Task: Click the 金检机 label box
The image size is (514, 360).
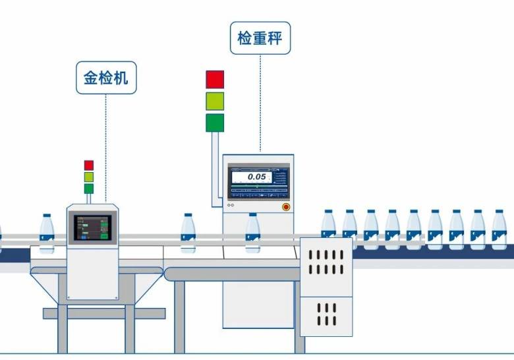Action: [105, 78]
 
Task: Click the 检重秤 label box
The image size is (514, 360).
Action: [260, 38]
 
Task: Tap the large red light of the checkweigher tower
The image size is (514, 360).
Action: [215, 79]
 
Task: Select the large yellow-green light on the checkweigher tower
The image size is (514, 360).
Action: [215, 101]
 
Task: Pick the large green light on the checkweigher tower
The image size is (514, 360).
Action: [215, 123]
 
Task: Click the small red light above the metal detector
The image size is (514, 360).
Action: [89, 165]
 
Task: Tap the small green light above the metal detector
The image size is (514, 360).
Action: [89, 189]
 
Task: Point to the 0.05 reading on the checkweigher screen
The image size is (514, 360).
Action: [256, 177]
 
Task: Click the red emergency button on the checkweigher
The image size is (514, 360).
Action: [285, 206]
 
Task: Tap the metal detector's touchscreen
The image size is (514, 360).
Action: [92, 228]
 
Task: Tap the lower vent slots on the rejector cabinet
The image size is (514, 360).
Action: [326, 314]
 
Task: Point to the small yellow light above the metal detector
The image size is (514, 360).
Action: [89, 177]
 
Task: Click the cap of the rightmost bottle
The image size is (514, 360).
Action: [499, 212]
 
